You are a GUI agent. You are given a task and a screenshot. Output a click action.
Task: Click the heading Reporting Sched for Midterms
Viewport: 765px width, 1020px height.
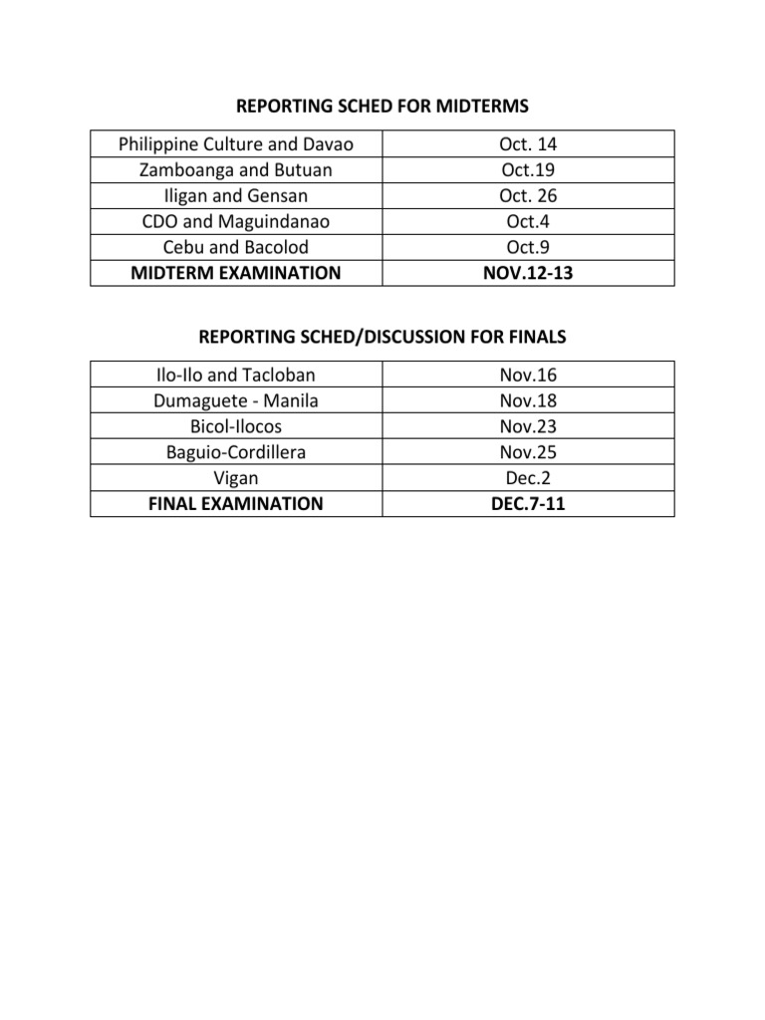tap(382, 107)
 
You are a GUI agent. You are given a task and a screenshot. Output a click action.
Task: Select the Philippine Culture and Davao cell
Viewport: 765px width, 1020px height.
tap(236, 144)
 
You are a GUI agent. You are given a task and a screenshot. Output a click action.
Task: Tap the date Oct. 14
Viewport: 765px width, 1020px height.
tap(529, 144)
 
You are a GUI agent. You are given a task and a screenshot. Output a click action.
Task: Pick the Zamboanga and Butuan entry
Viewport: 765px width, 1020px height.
tap(236, 170)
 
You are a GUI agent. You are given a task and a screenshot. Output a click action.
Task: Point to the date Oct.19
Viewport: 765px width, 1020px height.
tap(529, 170)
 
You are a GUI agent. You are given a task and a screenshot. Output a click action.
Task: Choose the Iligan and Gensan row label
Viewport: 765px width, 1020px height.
tap(236, 196)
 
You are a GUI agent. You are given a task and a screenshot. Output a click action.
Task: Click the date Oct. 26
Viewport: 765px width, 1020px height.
tap(529, 196)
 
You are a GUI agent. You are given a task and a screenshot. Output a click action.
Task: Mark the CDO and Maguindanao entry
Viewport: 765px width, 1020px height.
tap(236, 221)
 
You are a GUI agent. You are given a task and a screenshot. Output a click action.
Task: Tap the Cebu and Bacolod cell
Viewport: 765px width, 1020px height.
tap(236, 247)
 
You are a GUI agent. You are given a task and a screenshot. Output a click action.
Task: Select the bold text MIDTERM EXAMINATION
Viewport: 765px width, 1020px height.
tap(236, 273)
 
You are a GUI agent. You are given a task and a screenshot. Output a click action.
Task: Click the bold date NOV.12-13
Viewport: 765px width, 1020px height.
tap(529, 273)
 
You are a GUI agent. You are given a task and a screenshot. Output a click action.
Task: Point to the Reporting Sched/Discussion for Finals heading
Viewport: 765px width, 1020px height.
tap(382, 338)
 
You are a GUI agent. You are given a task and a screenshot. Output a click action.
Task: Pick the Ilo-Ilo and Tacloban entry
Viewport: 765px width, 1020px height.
tap(236, 376)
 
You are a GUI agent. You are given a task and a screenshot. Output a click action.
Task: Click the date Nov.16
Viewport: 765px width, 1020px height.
tap(529, 376)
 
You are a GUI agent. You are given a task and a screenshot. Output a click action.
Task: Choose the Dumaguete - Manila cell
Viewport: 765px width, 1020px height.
tap(236, 401)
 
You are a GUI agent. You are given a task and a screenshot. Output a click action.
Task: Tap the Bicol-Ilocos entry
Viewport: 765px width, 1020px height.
tap(236, 427)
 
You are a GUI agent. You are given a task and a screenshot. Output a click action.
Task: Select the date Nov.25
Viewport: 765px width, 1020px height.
tap(529, 452)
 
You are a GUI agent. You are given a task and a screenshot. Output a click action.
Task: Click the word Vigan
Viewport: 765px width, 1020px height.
tap(236, 478)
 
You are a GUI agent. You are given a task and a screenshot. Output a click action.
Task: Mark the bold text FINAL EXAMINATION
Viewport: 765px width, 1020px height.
tap(236, 504)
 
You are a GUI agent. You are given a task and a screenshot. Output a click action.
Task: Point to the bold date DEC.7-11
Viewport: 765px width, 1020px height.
tap(529, 504)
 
